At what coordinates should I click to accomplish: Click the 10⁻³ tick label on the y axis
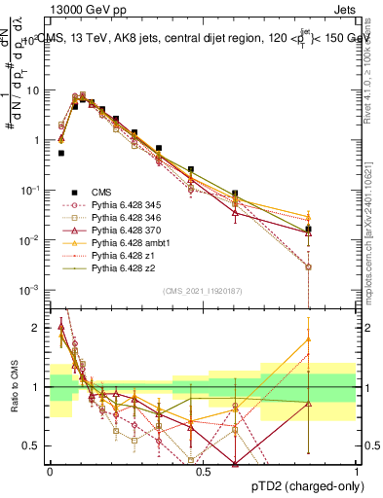click(31, 290)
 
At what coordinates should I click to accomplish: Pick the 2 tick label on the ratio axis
click(40, 328)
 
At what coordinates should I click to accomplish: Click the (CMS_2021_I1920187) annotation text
click(204, 291)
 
